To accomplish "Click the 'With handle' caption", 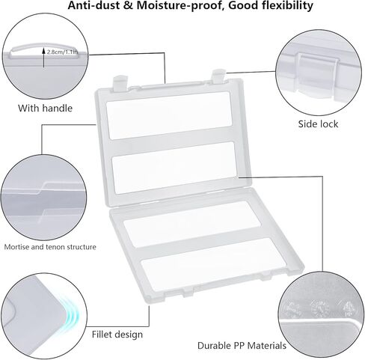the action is pos(45,109).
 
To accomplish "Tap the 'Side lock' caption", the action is pos(318,124).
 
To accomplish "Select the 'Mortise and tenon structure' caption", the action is pos(50,247).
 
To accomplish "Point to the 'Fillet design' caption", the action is pos(117,335).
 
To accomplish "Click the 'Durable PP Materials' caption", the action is pos(242,346).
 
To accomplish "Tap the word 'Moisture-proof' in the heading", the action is pos(180,5).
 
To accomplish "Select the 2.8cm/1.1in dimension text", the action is pos(62,52).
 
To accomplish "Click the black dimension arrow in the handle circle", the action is pos(43,58).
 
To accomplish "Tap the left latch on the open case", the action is pos(120,84).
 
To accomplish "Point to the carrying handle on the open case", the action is pos(170,85).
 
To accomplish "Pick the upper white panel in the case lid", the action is pos(169,115).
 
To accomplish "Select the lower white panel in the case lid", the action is pos(174,168).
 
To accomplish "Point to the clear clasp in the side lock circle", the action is pos(316,73).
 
